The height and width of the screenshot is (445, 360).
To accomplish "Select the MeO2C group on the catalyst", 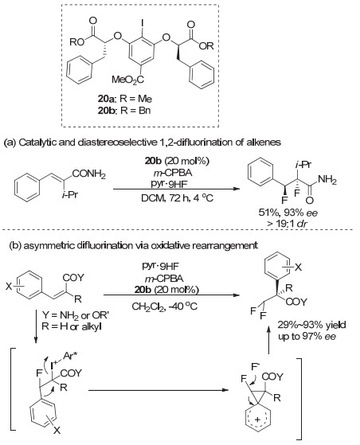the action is (x=127, y=80).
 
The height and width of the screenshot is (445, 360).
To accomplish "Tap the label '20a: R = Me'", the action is (x=124, y=99).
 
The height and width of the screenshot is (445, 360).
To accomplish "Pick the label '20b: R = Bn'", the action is (x=124, y=110).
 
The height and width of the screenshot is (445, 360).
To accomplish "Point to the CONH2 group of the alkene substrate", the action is (x=89, y=174).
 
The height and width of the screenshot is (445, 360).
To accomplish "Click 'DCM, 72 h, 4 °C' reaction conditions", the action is (x=178, y=197).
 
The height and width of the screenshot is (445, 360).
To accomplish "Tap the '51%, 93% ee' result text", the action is (x=288, y=213).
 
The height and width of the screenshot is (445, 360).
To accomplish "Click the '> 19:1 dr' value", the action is (x=288, y=223).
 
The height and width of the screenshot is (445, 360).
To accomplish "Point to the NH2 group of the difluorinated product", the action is (x=327, y=180).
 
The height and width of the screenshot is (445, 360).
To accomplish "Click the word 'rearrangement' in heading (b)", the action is (x=225, y=245).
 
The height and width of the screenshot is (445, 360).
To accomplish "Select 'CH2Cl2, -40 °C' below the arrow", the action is (x=165, y=306).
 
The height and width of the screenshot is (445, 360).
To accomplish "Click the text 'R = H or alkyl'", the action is (x=72, y=326).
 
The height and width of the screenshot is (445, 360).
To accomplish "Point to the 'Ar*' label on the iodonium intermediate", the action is (x=70, y=355).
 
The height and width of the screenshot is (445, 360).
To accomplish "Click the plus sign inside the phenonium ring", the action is (x=257, y=420).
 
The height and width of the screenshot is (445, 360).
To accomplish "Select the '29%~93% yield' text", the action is (x=311, y=324).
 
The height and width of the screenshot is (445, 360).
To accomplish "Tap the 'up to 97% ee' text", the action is (x=307, y=336).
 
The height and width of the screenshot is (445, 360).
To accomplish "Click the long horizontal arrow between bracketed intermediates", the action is (x=158, y=390).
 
